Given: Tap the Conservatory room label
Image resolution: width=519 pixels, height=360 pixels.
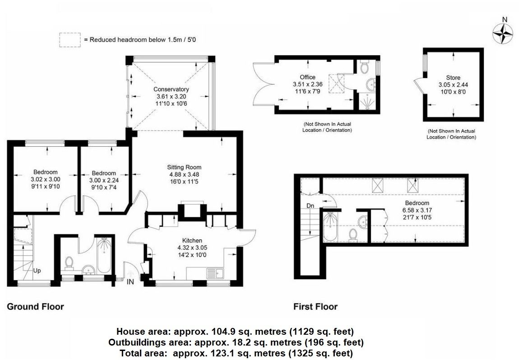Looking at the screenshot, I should pyautogui.click(x=171, y=89).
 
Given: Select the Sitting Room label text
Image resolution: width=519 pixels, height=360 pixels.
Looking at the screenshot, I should pyautogui.click(x=184, y=167).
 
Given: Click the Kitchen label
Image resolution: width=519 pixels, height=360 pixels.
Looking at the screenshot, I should pyautogui.click(x=192, y=240).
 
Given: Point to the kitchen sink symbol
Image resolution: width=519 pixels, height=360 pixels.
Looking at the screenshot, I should pyautogui.click(x=215, y=273).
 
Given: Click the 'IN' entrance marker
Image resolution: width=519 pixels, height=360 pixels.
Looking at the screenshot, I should pyautogui.click(x=130, y=282).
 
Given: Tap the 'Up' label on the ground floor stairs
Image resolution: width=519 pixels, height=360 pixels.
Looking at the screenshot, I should pyautogui.click(x=37, y=271).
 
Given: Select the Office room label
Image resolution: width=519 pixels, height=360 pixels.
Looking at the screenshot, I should pyautogui.click(x=308, y=77).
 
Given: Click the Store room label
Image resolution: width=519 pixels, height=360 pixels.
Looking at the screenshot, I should pyautogui.click(x=453, y=78).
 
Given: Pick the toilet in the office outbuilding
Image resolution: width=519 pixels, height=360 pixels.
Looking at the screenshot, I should pyautogui.click(x=365, y=67).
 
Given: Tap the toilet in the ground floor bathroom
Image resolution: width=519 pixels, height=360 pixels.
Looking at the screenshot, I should pyautogui.click(x=69, y=262).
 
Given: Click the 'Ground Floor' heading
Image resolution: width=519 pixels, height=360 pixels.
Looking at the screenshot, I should pyautogui.click(x=35, y=307).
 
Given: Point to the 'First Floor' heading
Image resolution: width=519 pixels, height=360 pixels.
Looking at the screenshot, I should pyautogui.click(x=315, y=307).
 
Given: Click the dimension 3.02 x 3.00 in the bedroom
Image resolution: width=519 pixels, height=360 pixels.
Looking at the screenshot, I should pyautogui.click(x=45, y=179).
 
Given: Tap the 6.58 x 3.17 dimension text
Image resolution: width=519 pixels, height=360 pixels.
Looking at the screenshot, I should pyautogui.click(x=417, y=210).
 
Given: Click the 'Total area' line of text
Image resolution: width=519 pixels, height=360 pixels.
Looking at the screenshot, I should pyautogui.click(x=235, y=353).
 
